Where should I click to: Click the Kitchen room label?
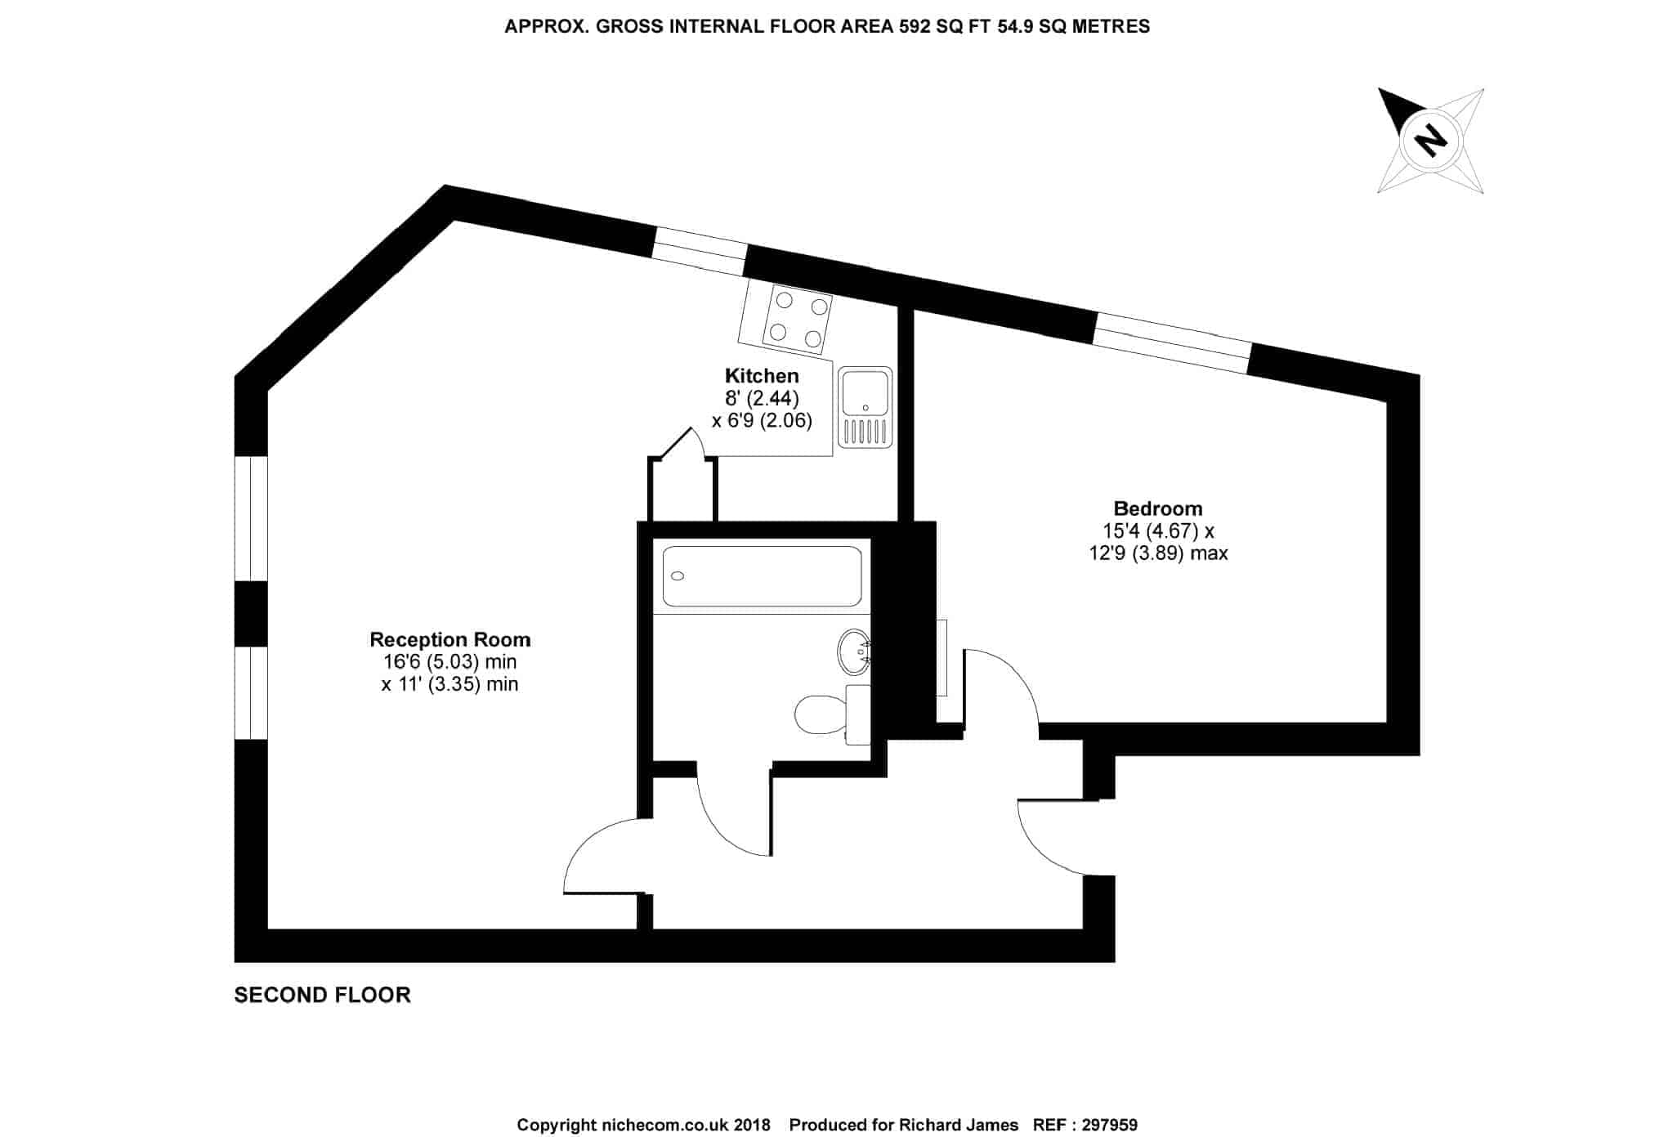pyautogui.click(x=762, y=376)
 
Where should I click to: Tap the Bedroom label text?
pyautogui.click(x=1158, y=508)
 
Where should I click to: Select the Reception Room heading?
pyautogui.click(x=450, y=639)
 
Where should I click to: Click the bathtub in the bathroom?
pyautogui.click(x=762, y=576)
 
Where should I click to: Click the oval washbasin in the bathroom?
pyautogui.click(x=854, y=652)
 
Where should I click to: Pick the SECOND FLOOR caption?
pyautogui.click(x=322, y=995)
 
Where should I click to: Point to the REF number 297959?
pyautogui.click(x=1109, y=1125)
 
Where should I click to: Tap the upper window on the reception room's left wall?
pyautogui.click(x=251, y=518)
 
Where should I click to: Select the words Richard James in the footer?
pyautogui.click(x=959, y=1125)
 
